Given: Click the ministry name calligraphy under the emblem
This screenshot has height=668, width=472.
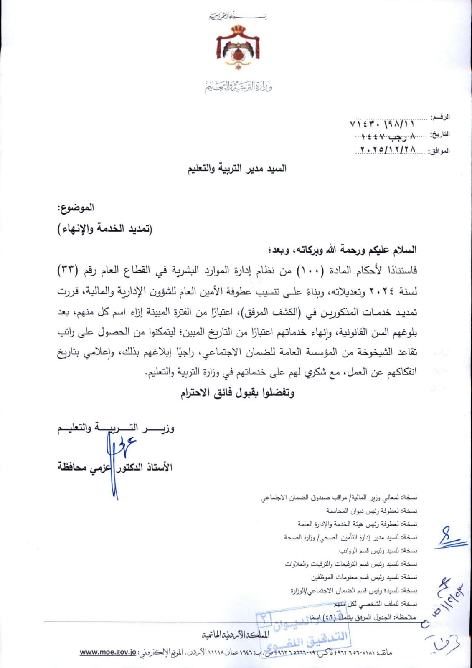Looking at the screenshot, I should [x=239, y=87].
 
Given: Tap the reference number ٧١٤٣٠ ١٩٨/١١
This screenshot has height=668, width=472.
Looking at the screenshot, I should [x=382, y=124].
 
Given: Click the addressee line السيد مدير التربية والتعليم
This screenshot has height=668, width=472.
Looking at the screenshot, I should [x=237, y=169].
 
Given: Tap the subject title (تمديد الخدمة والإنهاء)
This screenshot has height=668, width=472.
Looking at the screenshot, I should [x=105, y=229].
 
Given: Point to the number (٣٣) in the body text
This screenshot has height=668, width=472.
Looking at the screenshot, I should [x=67, y=271].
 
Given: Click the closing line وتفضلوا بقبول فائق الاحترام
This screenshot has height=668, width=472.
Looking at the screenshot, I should [x=237, y=393].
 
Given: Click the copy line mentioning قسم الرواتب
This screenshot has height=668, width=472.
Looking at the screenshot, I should [x=378, y=551].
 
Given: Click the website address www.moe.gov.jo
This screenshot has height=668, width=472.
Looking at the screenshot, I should [x=108, y=653].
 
